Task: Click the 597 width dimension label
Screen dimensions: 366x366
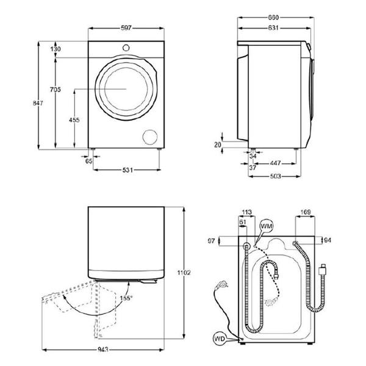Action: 126,28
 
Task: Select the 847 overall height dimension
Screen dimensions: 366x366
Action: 38,103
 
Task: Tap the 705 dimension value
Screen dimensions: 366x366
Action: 56,90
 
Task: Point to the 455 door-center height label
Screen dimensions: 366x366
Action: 74,120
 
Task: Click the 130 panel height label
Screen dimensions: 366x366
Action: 56,49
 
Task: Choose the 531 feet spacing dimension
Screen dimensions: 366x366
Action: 127,170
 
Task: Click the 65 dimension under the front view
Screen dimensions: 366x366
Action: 88,161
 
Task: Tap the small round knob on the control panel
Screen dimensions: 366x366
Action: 126,48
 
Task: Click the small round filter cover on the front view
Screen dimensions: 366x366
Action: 150,137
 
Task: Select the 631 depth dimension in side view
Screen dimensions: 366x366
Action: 273,28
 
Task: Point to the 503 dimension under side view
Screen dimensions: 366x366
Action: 276,176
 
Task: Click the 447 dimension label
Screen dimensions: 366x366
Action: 276,163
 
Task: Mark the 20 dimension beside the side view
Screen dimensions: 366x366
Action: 218,145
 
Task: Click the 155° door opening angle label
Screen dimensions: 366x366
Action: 126,298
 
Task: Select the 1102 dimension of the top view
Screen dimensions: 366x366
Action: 184,273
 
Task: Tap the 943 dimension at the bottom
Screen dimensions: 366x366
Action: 102,350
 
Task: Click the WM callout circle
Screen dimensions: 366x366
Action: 267,226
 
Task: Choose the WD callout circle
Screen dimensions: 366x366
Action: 220,339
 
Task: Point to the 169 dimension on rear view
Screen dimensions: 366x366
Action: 306,212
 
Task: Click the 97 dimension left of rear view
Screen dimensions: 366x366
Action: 211,241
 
